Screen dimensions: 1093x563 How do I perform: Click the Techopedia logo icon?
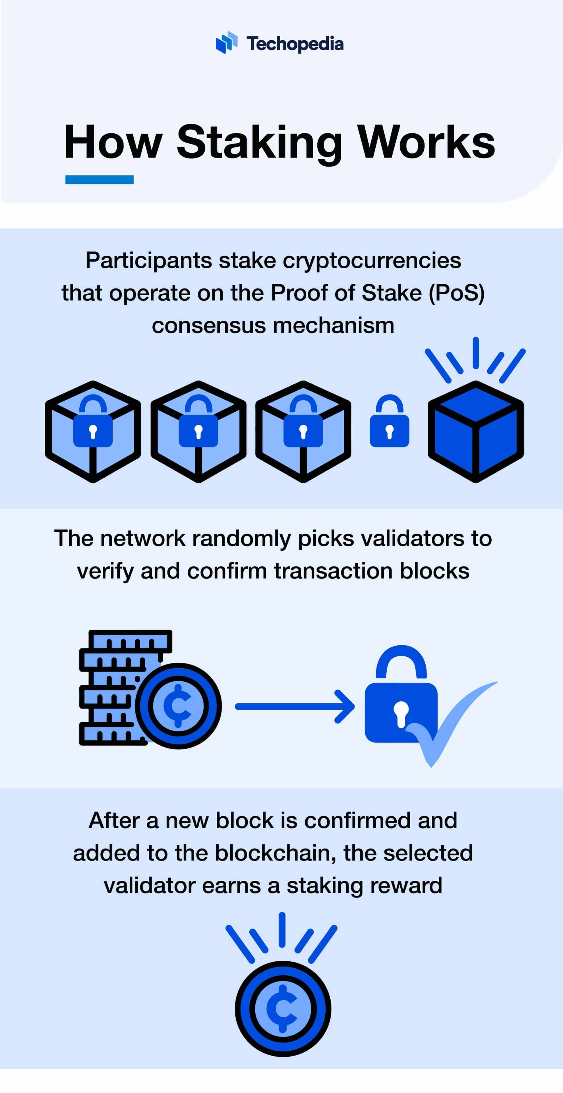point(226,42)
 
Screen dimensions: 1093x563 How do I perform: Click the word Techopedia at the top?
point(295,44)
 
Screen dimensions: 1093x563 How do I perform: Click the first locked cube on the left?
point(93,432)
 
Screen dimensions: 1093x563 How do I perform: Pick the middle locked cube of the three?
point(198,432)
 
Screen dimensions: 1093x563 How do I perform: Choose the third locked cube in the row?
point(303,432)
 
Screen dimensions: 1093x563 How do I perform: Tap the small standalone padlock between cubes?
point(390,422)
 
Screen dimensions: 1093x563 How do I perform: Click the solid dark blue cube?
point(476,432)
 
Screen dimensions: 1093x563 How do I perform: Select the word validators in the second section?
point(412,538)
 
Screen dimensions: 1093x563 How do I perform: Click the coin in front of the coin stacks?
point(178,706)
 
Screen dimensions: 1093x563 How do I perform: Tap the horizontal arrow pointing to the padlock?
point(295,706)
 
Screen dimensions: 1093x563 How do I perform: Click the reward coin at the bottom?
point(283,1009)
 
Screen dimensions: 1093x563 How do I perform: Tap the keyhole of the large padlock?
point(401,713)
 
